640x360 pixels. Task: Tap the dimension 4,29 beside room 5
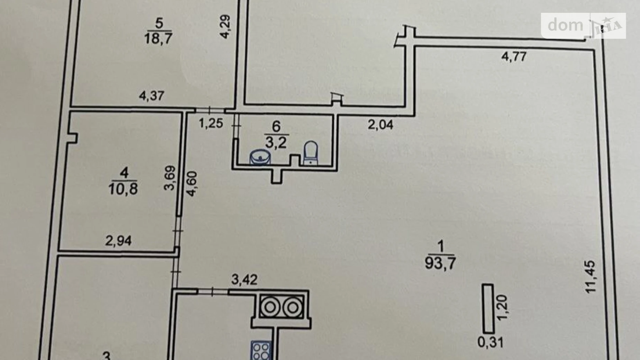point(225,26)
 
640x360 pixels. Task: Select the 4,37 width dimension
point(152,96)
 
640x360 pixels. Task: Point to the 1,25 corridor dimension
point(211,123)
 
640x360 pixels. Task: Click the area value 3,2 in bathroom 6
point(276,142)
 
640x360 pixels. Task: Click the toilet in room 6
point(310,153)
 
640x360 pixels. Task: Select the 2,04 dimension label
point(380,125)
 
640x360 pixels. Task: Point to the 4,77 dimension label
point(514,56)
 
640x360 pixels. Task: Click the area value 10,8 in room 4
point(123,189)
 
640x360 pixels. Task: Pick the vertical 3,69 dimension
point(170,178)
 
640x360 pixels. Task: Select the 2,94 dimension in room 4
point(118,241)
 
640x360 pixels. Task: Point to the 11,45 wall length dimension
point(590,277)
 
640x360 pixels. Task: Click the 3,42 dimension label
point(244,280)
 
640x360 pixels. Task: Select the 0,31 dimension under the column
point(491,342)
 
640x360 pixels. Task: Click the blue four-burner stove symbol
point(261,350)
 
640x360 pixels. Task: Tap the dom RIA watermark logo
point(583,26)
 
